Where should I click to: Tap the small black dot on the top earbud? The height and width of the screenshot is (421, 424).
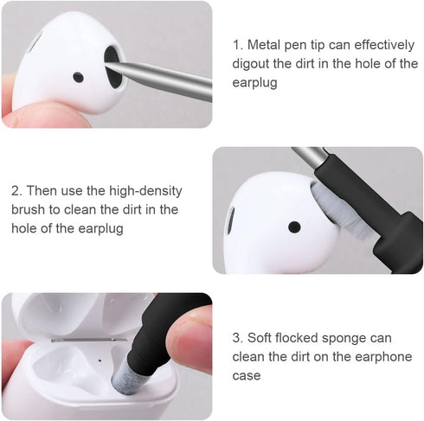78,77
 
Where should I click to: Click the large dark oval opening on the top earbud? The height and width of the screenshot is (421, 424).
112,61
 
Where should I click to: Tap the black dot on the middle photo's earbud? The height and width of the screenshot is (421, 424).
293,227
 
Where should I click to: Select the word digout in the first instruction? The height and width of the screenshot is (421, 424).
252,63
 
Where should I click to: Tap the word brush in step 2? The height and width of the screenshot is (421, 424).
27,209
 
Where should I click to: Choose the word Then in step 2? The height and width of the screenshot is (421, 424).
43,190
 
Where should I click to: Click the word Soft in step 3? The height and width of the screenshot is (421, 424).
260,338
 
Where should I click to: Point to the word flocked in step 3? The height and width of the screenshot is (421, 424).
303,338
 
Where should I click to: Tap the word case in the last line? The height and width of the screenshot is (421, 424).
246,376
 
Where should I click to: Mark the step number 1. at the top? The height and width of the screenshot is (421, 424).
238,44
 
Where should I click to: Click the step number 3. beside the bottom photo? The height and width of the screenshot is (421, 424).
238,338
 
